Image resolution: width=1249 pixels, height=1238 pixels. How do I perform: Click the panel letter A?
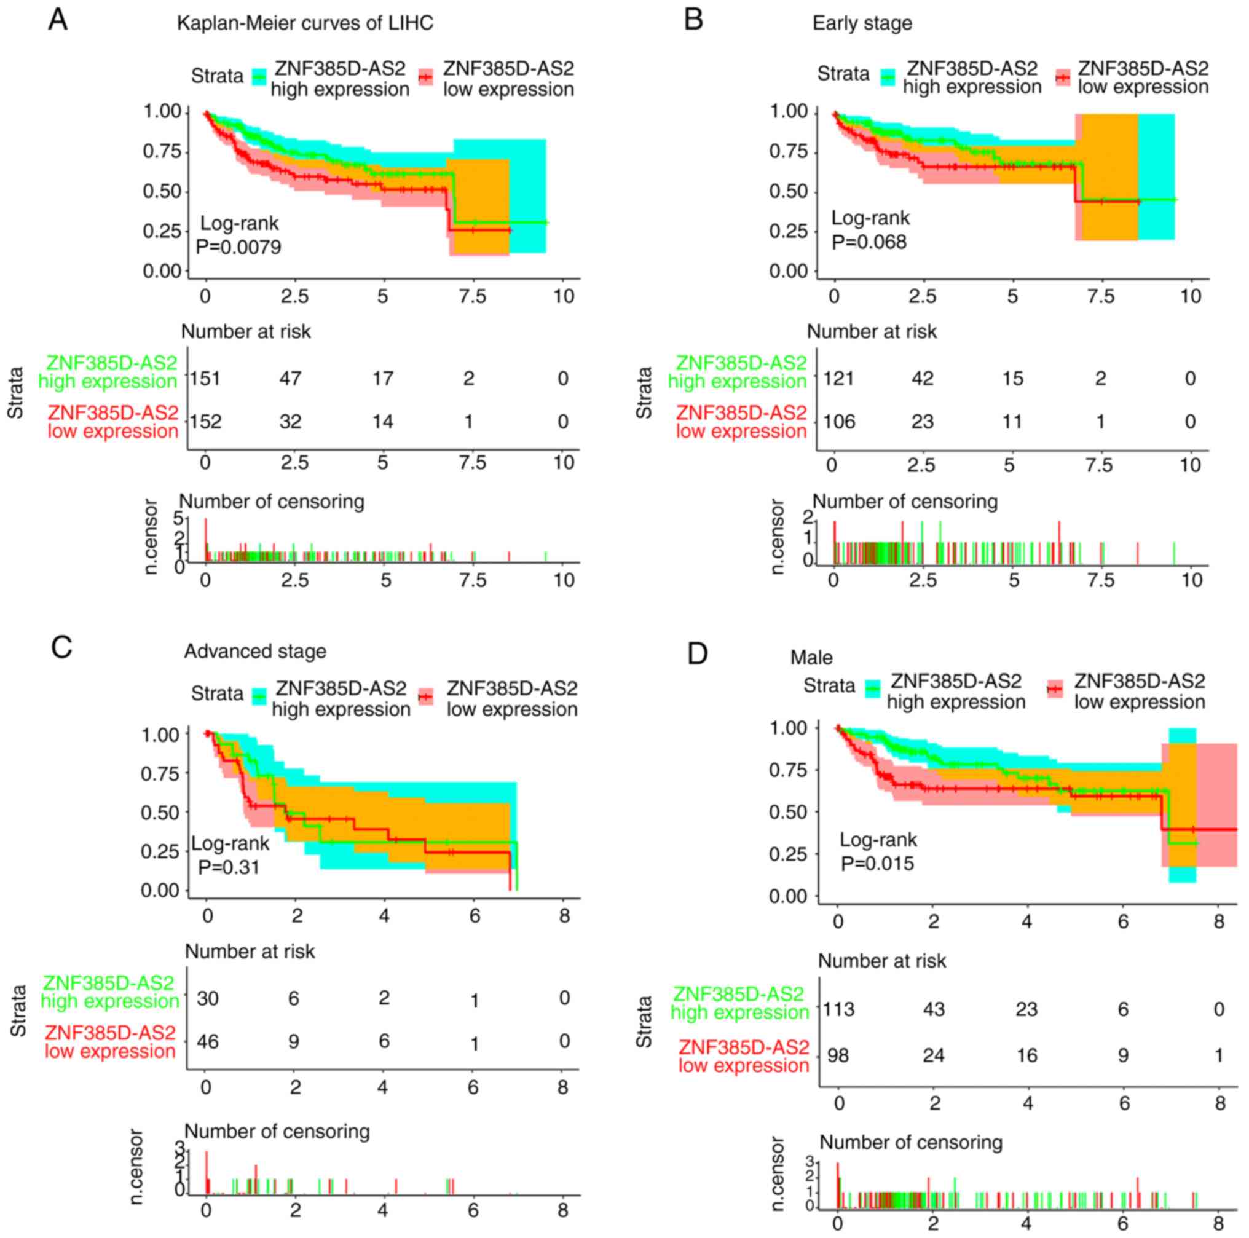(x=58, y=20)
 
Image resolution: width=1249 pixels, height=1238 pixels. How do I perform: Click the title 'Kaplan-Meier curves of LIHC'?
(x=305, y=23)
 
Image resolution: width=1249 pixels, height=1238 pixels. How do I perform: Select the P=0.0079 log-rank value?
(x=238, y=247)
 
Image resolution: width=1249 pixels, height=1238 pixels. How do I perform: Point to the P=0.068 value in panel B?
(x=869, y=242)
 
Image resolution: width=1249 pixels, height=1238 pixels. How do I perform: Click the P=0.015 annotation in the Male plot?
(x=877, y=864)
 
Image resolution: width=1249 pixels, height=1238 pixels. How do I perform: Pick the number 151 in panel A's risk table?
(x=205, y=378)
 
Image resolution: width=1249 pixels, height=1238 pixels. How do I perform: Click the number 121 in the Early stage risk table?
(x=838, y=378)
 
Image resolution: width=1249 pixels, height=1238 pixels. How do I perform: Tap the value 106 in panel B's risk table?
(x=839, y=422)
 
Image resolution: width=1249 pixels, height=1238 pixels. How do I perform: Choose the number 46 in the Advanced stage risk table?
(x=208, y=1041)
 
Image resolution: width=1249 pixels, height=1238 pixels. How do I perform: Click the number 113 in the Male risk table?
(x=838, y=1009)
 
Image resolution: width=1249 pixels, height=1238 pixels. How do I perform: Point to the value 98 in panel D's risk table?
(x=838, y=1055)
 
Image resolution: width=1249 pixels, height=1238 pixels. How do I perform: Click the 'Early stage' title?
(x=862, y=23)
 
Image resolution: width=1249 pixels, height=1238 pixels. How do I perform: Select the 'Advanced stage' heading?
(x=255, y=651)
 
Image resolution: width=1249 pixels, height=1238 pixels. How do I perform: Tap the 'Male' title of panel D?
(x=811, y=658)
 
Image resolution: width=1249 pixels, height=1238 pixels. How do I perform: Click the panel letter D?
(x=698, y=653)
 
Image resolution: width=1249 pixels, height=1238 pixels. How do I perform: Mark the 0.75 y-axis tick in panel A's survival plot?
(x=162, y=151)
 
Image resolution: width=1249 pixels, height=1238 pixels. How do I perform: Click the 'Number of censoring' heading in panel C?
(x=277, y=1131)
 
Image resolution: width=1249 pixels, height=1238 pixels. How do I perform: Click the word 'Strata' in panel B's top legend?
(x=843, y=74)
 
